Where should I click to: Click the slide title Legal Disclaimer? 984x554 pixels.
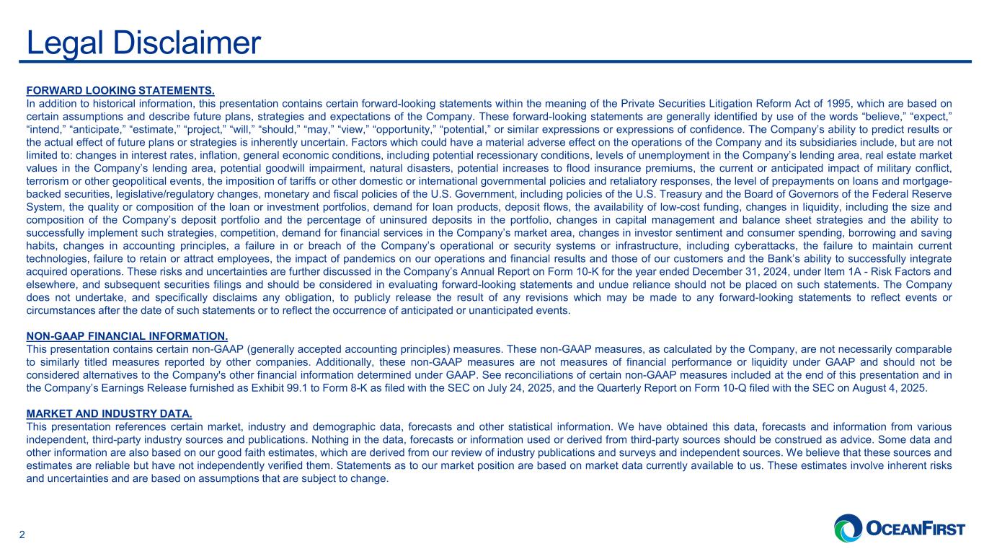(143, 43)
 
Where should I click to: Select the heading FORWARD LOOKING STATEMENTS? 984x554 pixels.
(120, 91)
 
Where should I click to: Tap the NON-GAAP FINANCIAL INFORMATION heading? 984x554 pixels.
(127, 336)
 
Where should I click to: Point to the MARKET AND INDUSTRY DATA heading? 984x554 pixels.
(109, 413)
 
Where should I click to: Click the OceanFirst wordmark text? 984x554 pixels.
(914, 529)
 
